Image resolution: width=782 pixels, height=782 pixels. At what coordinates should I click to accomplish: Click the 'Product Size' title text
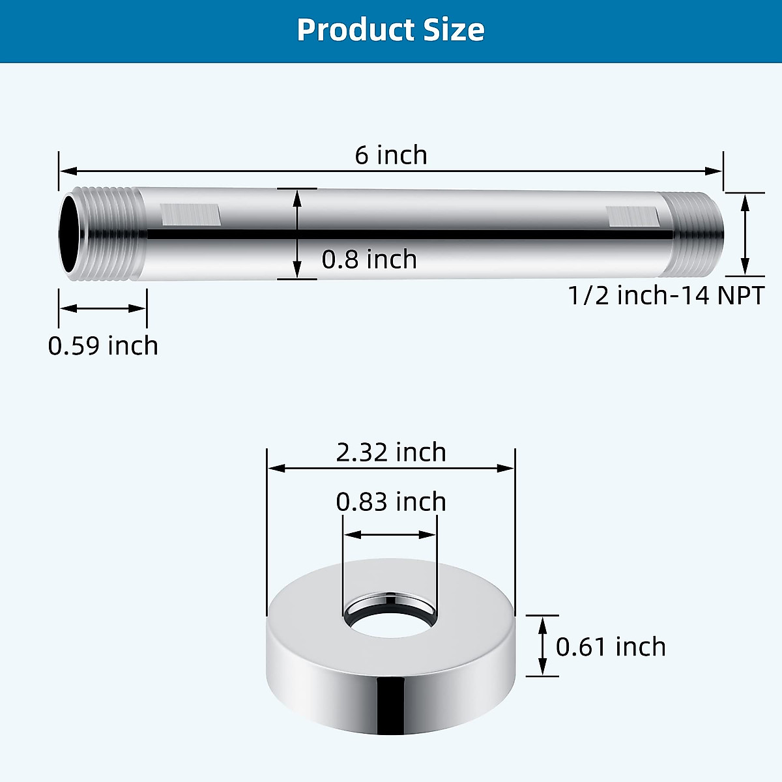point(390,30)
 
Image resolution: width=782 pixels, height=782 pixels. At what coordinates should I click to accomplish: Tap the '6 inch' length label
point(391,155)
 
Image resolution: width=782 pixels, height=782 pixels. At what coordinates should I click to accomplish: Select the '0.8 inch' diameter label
point(369,259)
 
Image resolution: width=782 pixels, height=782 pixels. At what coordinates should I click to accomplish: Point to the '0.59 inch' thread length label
point(103,345)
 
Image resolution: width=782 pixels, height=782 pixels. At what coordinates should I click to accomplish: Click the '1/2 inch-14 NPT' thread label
point(665,295)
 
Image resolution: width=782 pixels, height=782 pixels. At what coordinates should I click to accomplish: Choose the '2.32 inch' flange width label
point(391,452)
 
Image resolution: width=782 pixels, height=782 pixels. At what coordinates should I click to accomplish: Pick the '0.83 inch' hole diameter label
point(391,502)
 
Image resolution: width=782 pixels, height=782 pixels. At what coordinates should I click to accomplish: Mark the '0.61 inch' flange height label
point(611,647)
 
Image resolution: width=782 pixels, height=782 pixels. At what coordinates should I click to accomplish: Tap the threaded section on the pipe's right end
point(697,235)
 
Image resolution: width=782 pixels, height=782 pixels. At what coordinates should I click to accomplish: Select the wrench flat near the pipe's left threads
point(190,214)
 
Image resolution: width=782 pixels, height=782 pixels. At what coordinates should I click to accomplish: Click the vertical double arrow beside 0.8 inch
point(297,234)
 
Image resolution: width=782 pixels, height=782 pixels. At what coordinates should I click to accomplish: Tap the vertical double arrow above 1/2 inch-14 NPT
point(746,235)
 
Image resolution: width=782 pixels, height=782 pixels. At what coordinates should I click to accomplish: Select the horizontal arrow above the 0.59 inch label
point(103,308)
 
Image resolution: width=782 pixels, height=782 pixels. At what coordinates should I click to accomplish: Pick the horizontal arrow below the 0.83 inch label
point(390,535)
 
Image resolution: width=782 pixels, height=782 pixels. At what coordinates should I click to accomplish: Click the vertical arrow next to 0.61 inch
point(542,646)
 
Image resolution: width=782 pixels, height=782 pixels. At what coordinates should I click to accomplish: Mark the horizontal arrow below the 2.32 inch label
point(391,468)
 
